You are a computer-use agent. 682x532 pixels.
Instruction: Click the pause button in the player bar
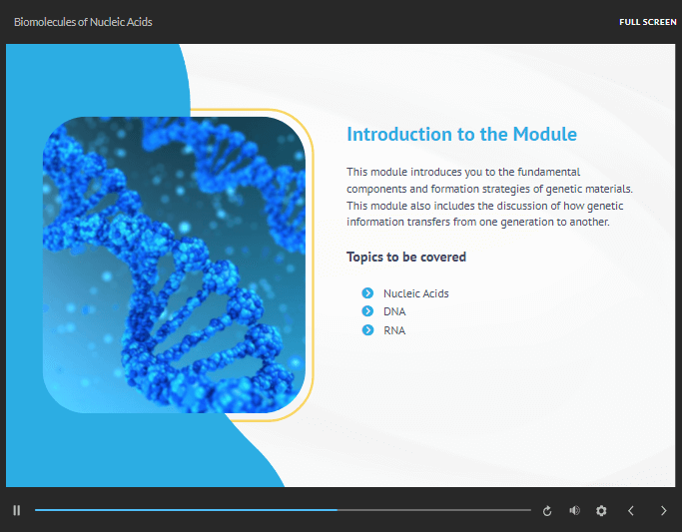click(x=17, y=510)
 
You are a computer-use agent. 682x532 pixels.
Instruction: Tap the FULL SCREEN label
click(x=648, y=22)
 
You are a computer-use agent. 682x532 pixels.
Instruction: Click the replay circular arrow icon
click(x=547, y=511)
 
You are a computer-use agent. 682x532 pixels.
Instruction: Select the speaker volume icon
click(x=574, y=510)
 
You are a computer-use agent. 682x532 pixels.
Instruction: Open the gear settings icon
click(x=601, y=510)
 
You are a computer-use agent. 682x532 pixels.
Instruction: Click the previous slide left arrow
click(x=631, y=510)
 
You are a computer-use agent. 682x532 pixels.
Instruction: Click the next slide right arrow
click(x=663, y=510)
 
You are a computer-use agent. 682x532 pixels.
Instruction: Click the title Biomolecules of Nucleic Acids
click(x=83, y=22)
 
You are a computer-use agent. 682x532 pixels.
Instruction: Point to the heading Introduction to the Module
click(x=461, y=134)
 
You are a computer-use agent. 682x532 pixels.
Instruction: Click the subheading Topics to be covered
click(x=406, y=257)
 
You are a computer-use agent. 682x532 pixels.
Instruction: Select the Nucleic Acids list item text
click(x=415, y=293)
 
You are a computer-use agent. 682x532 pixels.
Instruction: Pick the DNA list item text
click(x=394, y=311)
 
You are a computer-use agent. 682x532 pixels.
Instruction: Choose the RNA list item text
click(x=394, y=330)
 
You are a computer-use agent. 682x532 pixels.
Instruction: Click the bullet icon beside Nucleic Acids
click(x=367, y=293)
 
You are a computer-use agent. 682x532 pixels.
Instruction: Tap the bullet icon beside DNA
click(x=367, y=311)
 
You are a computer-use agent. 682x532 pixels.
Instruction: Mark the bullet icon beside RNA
click(x=367, y=330)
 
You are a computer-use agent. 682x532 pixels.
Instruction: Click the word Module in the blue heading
click(x=545, y=134)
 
